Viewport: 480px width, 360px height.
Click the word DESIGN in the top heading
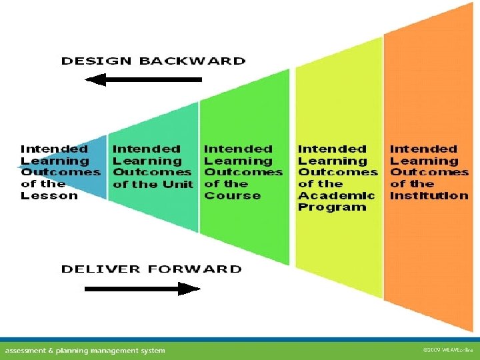click(97, 61)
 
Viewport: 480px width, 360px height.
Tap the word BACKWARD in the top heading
click(192, 61)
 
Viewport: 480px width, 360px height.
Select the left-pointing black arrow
click(143, 79)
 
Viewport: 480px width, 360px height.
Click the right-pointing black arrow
click(143, 289)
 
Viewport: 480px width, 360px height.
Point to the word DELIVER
click(101, 269)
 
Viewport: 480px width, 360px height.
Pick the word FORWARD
click(195, 269)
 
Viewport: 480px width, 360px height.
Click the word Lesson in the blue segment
click(49, 195)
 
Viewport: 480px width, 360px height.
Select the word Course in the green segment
click(233, 195)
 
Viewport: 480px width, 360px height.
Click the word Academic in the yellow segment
click(337, 195)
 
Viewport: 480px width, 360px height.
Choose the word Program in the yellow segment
click(332, 207)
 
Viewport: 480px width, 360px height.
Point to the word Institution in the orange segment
click(429, 195)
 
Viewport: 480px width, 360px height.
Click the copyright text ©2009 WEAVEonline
click(448, 350)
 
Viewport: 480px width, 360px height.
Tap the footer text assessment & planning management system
click(85, 351)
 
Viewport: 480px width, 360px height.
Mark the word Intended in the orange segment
click(423, 149)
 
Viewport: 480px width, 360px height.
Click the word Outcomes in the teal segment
click(152, 173)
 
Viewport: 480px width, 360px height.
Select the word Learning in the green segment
click(238, 161)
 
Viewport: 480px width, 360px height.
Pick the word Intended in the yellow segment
click(332, 149)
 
